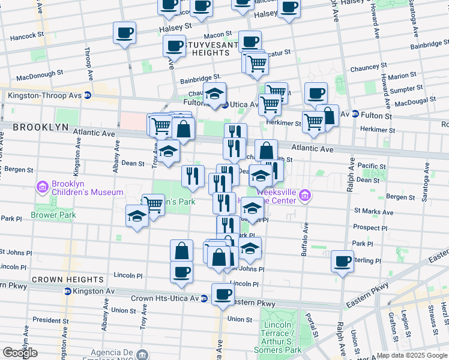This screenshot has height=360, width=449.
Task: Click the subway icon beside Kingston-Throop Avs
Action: (88, 95)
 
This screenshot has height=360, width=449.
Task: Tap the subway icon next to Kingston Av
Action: (68, 291)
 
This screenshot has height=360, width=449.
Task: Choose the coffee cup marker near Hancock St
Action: (124, 32)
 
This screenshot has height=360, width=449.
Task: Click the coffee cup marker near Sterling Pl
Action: (342, 261)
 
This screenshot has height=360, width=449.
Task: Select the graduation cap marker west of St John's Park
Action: (137, 216)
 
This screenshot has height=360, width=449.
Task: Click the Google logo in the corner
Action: (20, 353)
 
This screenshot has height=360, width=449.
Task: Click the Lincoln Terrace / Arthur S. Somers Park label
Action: (277, 337)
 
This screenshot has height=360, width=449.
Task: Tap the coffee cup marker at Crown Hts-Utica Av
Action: (223, 294)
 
